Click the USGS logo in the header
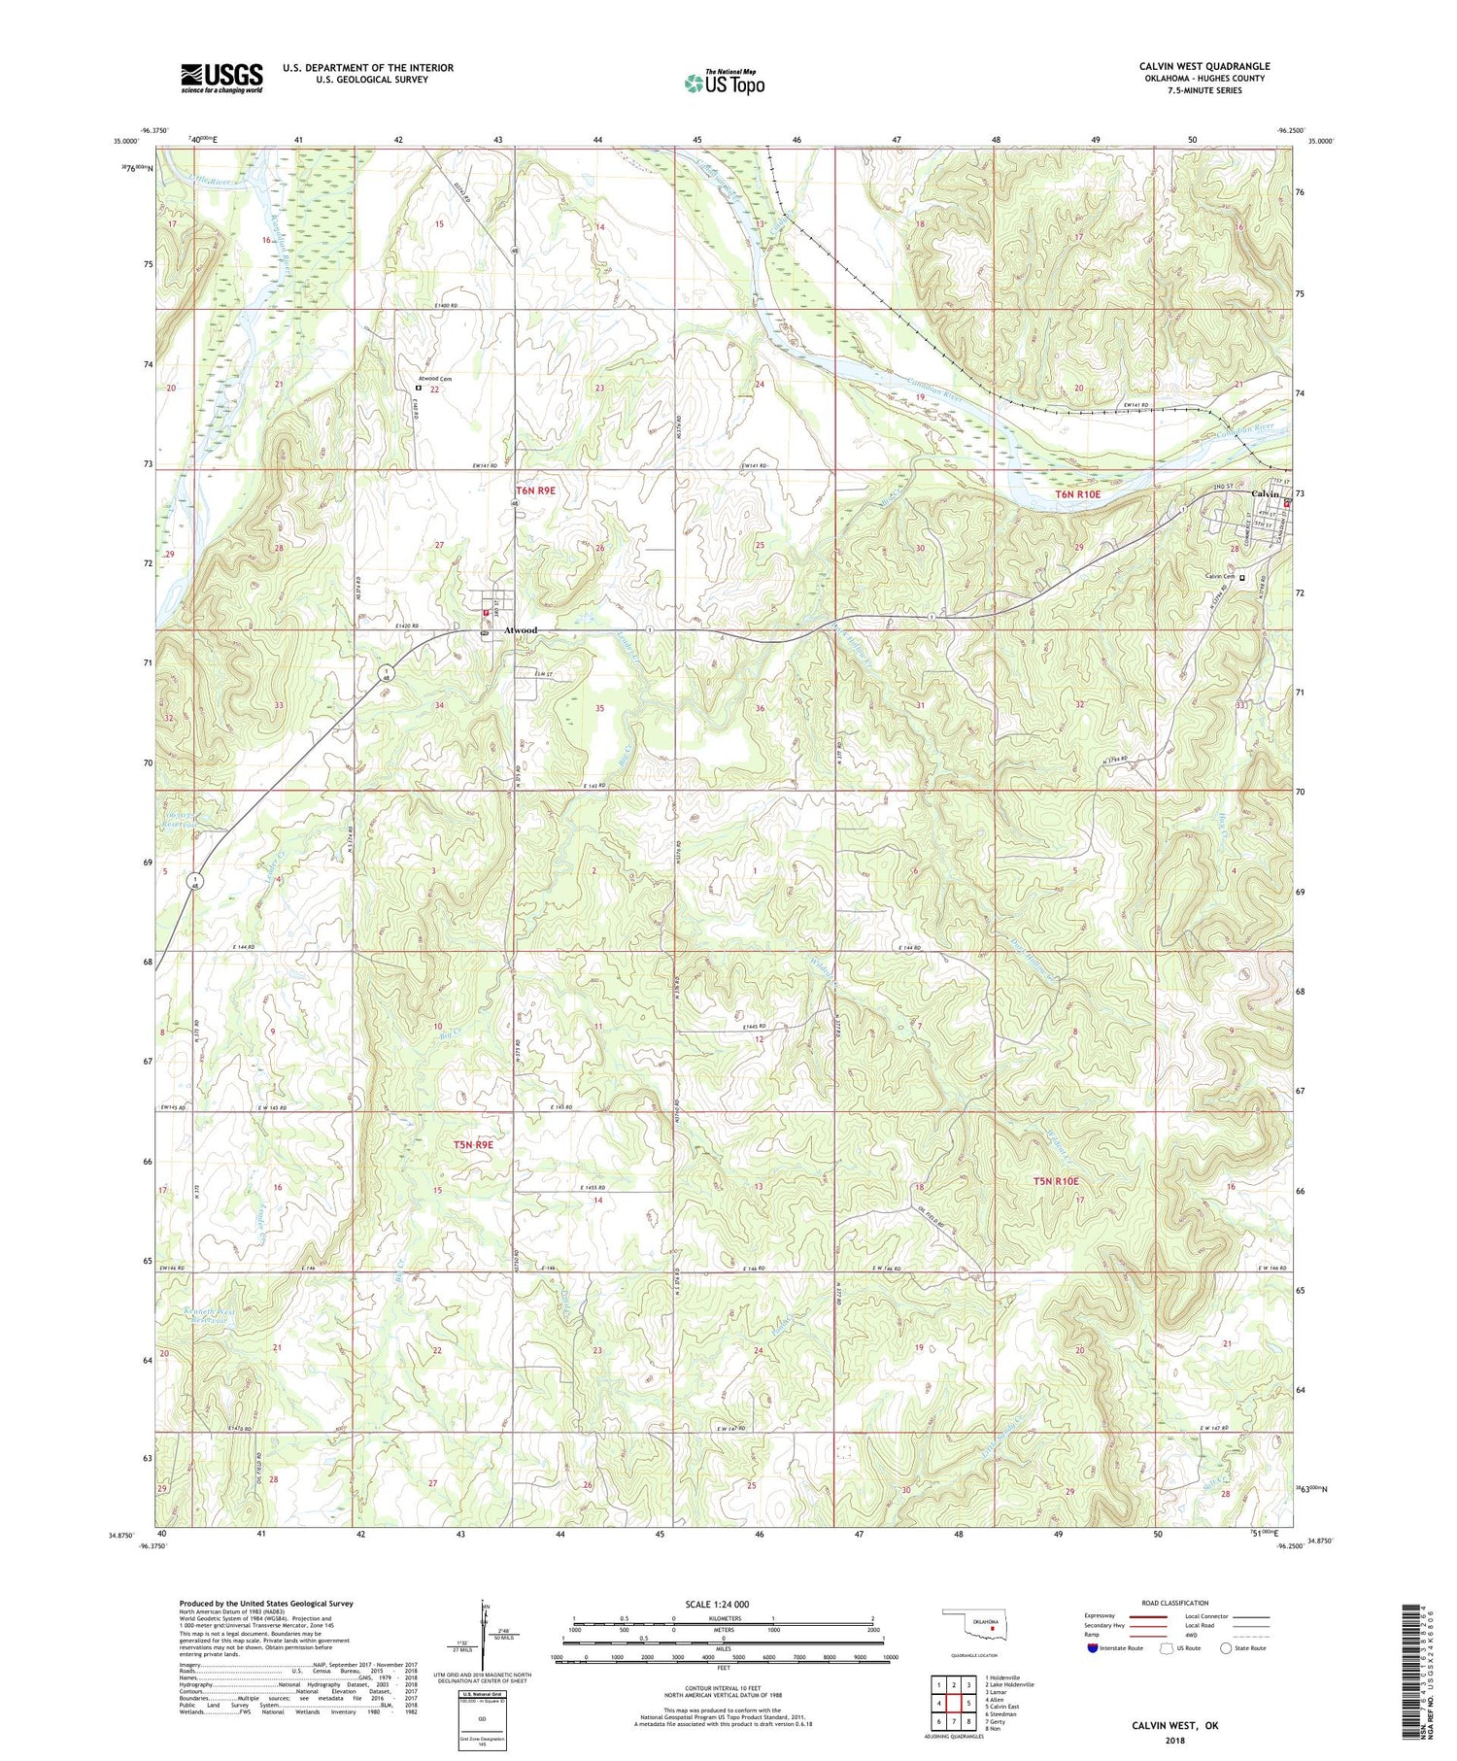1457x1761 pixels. pos(221,78)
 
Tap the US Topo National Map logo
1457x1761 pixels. pos(724,83)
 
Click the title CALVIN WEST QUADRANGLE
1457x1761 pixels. pos(1204,66)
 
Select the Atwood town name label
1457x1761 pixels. pos(521,630)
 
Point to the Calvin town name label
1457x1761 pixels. pos(1264,493)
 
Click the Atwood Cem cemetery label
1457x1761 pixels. pos(435,379)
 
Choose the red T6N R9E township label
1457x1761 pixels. pos(535,491)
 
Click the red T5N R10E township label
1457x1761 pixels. pos(1055,1181)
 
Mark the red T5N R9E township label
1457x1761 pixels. pos(473,1145)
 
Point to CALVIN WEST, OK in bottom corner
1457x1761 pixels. pos(1174,1725)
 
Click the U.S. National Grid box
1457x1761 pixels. pos(482,1719)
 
